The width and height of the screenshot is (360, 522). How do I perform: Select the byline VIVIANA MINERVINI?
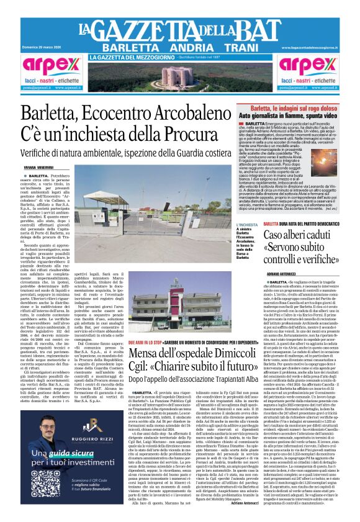click(38, 168)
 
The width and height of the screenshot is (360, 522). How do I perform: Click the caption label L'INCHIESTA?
click(247, 225)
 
